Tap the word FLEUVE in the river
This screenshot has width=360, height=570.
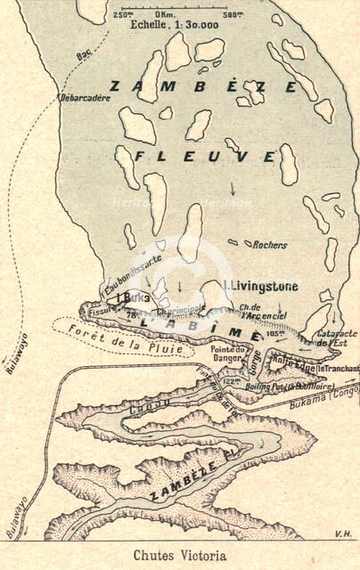pyautogui.click(x=205, y=156)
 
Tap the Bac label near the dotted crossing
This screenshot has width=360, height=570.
pyautogui.click(x=85, y=54)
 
